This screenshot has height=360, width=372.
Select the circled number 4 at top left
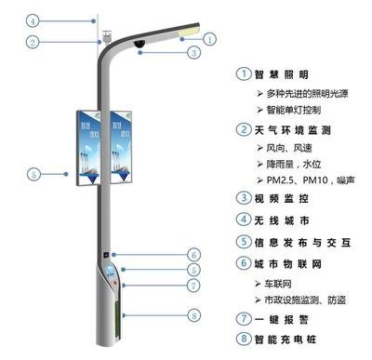(x=32, y=20)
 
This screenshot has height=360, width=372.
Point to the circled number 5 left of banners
(x=33, y=174)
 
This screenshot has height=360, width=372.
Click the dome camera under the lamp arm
(x=138, y=44)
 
